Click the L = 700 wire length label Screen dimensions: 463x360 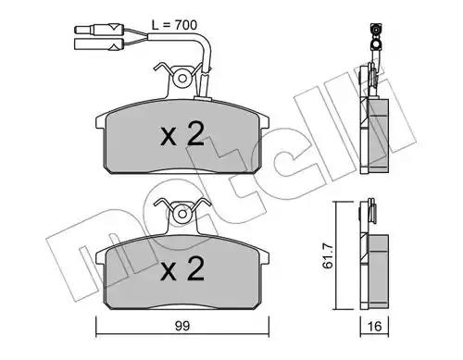click(x=174, y=25)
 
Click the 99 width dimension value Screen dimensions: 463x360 click(x=182, y=326)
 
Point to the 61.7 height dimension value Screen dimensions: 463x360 click(x=328, y=255)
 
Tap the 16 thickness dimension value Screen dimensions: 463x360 click(x=375, y=327)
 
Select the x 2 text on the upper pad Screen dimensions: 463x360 click(x=182, y=133)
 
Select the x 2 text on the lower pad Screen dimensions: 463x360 click(x=182, y=268)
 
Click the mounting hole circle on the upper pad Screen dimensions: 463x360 click(x=182, y=79)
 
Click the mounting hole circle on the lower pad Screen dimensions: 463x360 click(x=182, y=214)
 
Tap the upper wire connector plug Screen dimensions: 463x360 click(x=99, y=30)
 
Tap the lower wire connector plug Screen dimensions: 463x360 click(x=99, y=44)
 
